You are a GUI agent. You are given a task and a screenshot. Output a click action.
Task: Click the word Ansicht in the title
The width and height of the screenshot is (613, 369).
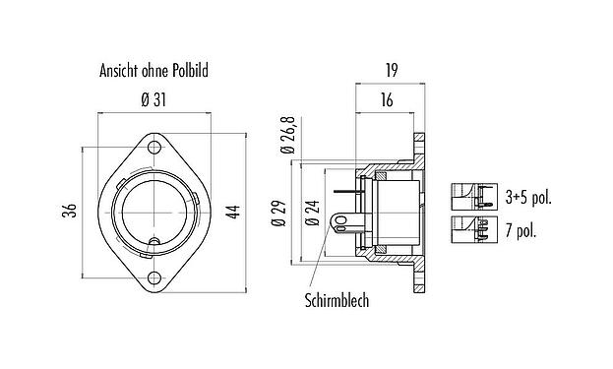119,71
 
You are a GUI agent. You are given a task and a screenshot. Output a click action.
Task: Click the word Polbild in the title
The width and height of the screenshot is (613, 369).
190,71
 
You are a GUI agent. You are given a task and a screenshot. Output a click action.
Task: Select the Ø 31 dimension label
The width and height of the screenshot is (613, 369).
153,100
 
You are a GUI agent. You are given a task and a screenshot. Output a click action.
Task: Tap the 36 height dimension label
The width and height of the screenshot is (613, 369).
71,211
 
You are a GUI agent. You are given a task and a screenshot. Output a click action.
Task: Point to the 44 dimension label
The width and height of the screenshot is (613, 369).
234,212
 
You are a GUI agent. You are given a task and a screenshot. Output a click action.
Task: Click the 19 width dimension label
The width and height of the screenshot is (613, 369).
391,71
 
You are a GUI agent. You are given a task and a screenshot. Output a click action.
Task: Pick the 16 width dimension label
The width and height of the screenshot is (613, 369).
387,100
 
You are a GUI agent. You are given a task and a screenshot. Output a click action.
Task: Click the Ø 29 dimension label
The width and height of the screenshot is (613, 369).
279,213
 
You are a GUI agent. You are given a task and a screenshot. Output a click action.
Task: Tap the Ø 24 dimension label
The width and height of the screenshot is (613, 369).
313,213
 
